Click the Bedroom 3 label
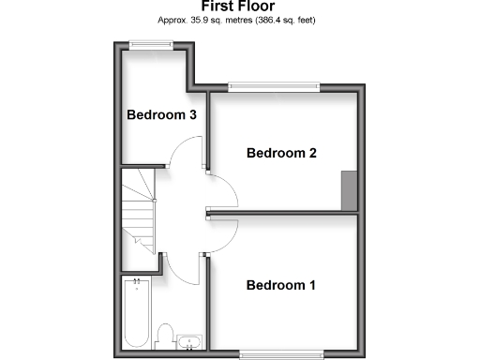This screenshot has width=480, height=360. click(161, 116)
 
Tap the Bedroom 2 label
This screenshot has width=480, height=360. click(281, 153)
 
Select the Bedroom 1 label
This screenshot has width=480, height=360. click(281, 285)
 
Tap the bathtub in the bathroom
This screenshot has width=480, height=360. click(136, 314)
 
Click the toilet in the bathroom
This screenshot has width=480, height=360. click(165, 336)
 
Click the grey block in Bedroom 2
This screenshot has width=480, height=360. click(349, 190)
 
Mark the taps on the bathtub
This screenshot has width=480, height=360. click(136, 280)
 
